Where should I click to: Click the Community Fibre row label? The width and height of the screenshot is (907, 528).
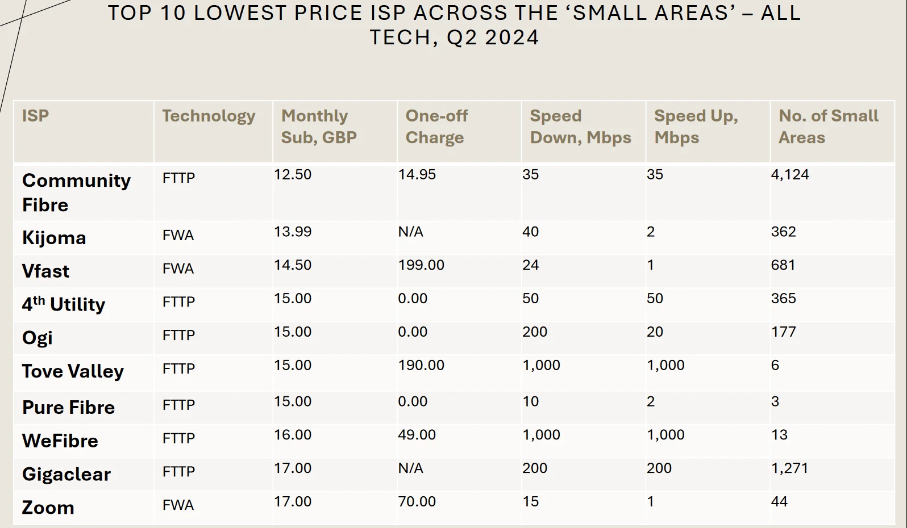coord(76,192)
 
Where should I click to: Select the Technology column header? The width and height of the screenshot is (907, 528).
coord(209,116)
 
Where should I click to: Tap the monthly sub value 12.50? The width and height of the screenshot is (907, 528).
coord(293,174)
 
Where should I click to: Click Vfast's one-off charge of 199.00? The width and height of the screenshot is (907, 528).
coord(421,265)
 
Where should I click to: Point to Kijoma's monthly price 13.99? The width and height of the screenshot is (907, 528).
coord(293,232)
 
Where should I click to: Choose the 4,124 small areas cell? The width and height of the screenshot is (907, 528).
coord(789,174)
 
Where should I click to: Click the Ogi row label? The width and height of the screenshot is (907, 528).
coord(38,338)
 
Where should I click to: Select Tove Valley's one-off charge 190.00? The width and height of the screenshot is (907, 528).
coord(421,365)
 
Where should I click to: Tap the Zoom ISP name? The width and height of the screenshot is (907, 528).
coord(48,508)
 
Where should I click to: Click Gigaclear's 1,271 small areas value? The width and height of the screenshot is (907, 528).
coord(789,468)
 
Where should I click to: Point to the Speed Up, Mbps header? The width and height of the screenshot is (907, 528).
coord(696,127)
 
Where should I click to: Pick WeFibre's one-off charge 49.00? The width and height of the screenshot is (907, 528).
coord(417,435)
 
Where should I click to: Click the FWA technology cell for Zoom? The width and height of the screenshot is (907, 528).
coord(178,505)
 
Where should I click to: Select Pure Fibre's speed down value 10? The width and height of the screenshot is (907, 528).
coord(530,401)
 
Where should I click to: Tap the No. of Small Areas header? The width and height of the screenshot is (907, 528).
coord(828,127)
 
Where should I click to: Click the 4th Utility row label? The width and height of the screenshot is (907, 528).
coord(64,304)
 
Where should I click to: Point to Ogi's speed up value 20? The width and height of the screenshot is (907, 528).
coord(655,332)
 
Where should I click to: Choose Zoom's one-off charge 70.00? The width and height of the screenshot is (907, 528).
coord(417,502)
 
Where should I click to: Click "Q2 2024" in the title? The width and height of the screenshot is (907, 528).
coord(493,37)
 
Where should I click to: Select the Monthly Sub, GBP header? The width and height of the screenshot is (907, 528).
coord(319,127)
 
